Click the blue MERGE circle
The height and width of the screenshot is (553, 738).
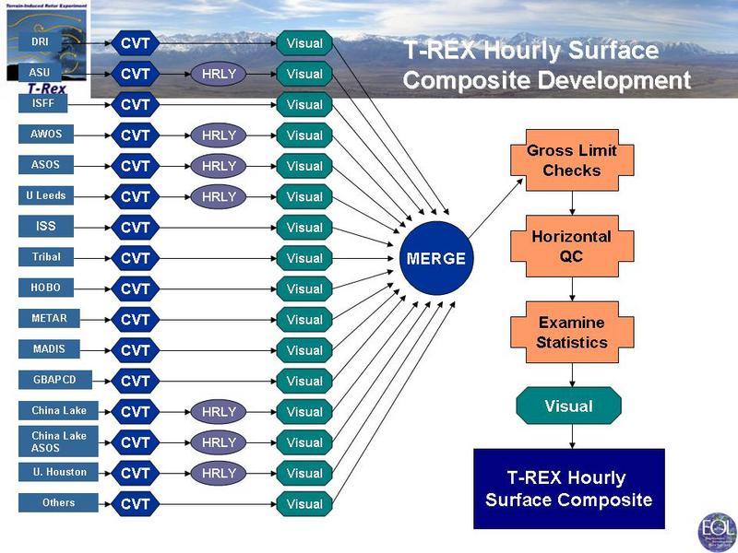[436, 258]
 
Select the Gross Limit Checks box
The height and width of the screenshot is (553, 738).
[572, 161]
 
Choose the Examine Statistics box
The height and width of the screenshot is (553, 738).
[572, 333]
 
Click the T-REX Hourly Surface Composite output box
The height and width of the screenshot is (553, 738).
[568, 488]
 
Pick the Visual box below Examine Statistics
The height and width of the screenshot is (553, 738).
[568, 406]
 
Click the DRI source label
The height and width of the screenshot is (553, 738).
[40, 42]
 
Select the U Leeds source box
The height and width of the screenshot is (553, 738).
[45, 195]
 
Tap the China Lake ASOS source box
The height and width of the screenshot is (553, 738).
[58, 441]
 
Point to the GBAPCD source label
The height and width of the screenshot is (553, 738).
[51, 380]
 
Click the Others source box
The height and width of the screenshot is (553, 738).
[58, 503]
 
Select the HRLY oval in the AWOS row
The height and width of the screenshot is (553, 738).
[219, 135]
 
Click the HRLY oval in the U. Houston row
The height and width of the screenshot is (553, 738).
[219, 473]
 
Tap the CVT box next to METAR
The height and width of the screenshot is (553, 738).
[136, 320]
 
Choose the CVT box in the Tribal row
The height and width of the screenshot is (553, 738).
[136, 258]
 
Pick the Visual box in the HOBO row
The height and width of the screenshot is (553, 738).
[304, 288]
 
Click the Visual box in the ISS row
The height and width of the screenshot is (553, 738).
[304, 228]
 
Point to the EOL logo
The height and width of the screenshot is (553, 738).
[716, 532]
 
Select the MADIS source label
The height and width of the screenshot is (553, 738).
[48, 349]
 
